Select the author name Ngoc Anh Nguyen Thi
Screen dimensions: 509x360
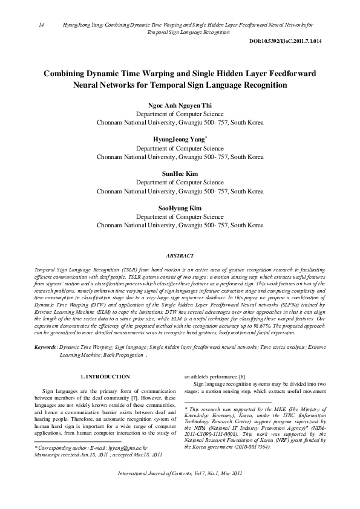point(179,105)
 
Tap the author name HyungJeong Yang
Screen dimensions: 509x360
point(179,139)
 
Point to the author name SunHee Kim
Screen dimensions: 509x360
point(179,173)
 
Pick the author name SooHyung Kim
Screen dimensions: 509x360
point(179,207)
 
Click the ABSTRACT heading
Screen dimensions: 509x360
point(180,256)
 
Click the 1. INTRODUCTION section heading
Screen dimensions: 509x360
point(105,377)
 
